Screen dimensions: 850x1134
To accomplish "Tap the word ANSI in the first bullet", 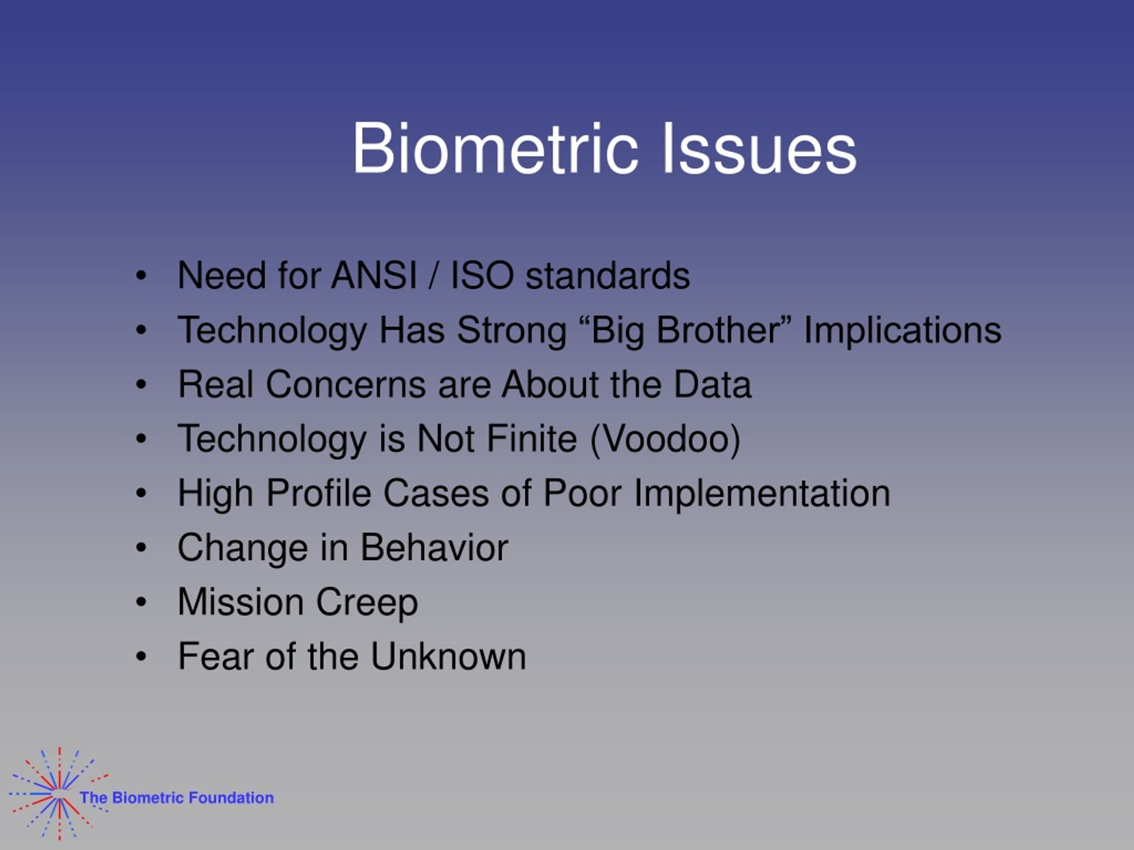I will (374, 276).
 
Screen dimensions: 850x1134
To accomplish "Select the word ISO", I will (482, 276).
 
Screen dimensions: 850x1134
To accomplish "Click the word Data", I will (712, 384).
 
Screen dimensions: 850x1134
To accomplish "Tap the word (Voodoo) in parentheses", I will (665, 440).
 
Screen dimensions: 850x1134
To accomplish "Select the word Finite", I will (532, 439).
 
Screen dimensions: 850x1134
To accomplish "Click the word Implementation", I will (762, 494).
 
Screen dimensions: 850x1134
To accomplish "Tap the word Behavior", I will (434, 548).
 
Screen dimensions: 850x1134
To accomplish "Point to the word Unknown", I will (448, 657).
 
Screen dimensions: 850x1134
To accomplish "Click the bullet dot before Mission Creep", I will (141, 602).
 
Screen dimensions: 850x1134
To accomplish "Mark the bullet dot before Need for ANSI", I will (141, 276).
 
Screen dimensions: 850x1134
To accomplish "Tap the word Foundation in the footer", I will (231, 798).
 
